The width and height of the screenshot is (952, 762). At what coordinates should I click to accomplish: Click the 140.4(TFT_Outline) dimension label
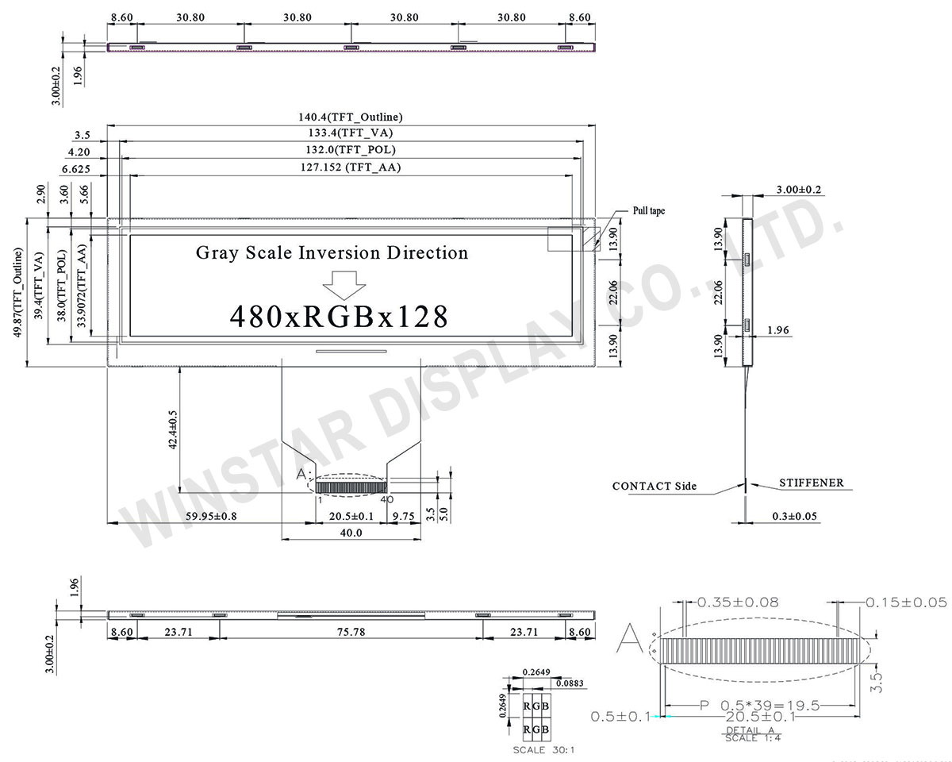(x=350, y=117)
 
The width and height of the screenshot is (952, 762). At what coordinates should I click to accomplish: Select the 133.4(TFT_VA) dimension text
(x=350, y=133)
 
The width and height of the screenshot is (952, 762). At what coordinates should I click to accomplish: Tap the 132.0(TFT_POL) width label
(x=350, y=150)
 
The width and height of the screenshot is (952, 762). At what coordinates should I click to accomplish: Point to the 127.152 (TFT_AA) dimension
(x=350, y=167)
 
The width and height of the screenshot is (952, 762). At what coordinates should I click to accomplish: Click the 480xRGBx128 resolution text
(x=339, y=317)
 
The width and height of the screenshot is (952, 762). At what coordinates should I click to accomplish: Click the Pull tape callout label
(x=648, y=211)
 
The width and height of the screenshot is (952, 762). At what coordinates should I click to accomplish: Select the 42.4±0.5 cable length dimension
(x=173, y=430)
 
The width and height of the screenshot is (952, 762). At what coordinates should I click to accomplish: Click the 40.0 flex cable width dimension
(x=351, y=533)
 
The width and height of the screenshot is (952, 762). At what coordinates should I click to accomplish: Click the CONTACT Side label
(x=654, y=486)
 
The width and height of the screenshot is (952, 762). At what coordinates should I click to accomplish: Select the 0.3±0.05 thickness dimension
(x=795, y=516)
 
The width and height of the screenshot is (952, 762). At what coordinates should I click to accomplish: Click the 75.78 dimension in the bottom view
(x=350, y=633)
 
